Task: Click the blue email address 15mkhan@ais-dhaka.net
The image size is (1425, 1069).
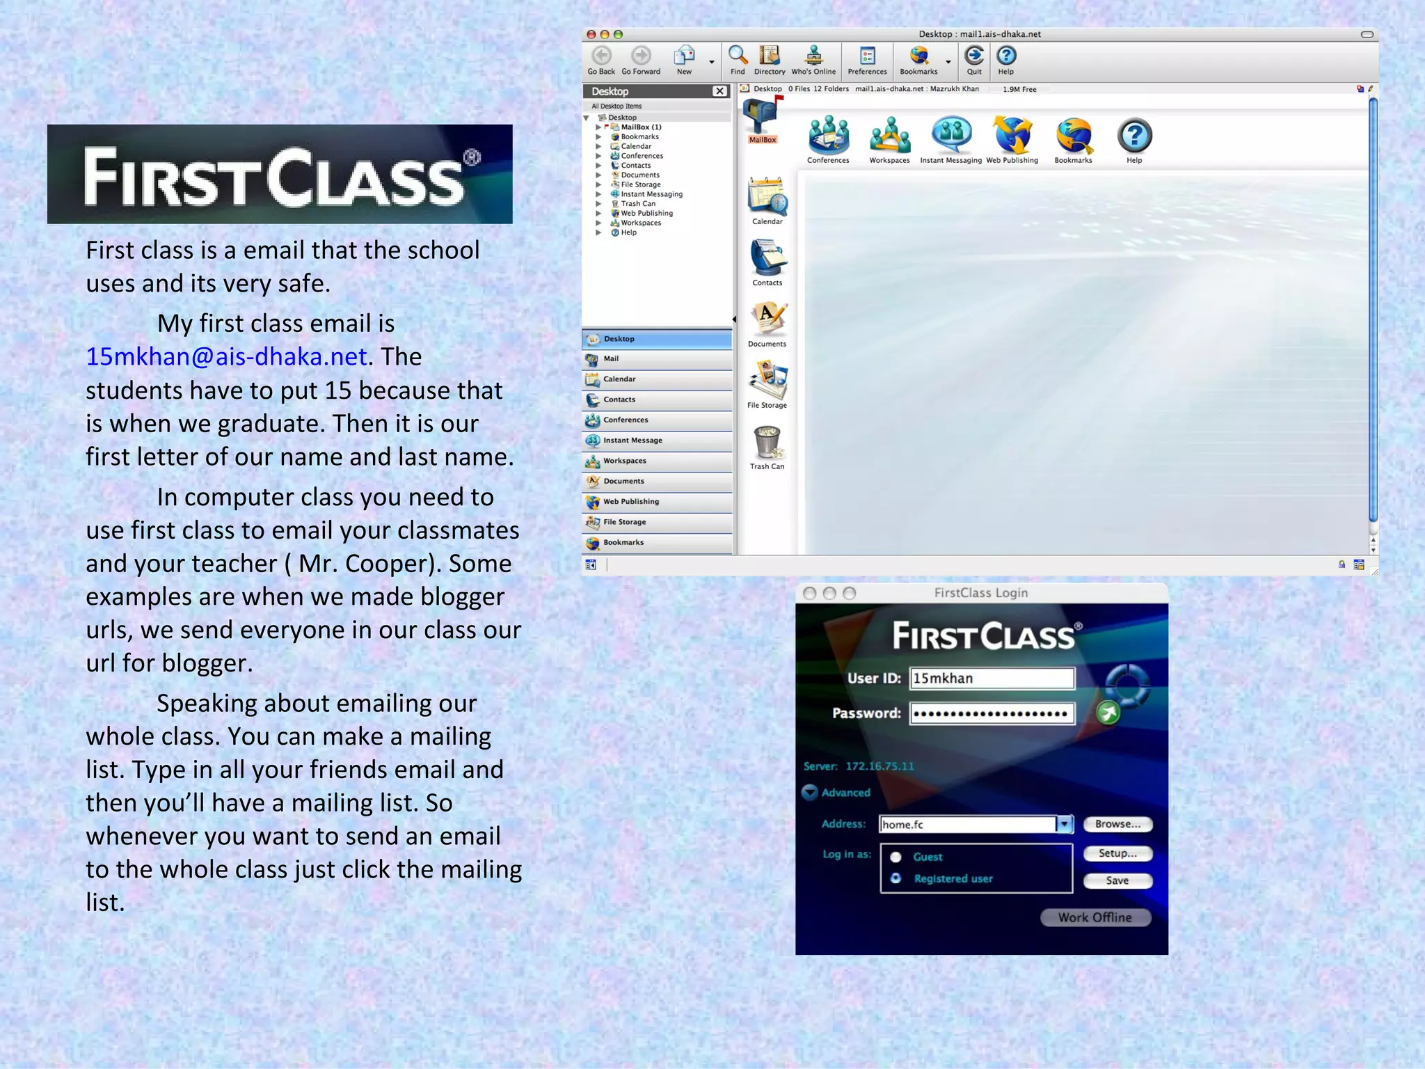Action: coord(226,357)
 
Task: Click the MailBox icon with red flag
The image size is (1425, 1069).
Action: coord(762,118)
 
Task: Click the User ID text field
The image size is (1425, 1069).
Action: coord(992,679)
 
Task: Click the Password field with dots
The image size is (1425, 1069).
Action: coord(992,713)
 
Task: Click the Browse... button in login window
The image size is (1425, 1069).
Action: coord(1117,824)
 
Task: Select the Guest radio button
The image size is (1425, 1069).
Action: coord(896,857)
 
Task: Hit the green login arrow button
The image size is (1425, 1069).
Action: coord(1108,713)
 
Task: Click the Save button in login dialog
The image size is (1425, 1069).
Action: coord(1117,880)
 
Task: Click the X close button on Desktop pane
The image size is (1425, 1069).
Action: coord(719,91)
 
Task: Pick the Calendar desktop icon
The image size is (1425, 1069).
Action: coord(767,198)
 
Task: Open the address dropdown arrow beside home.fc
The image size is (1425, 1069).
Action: coord(1064,825)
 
